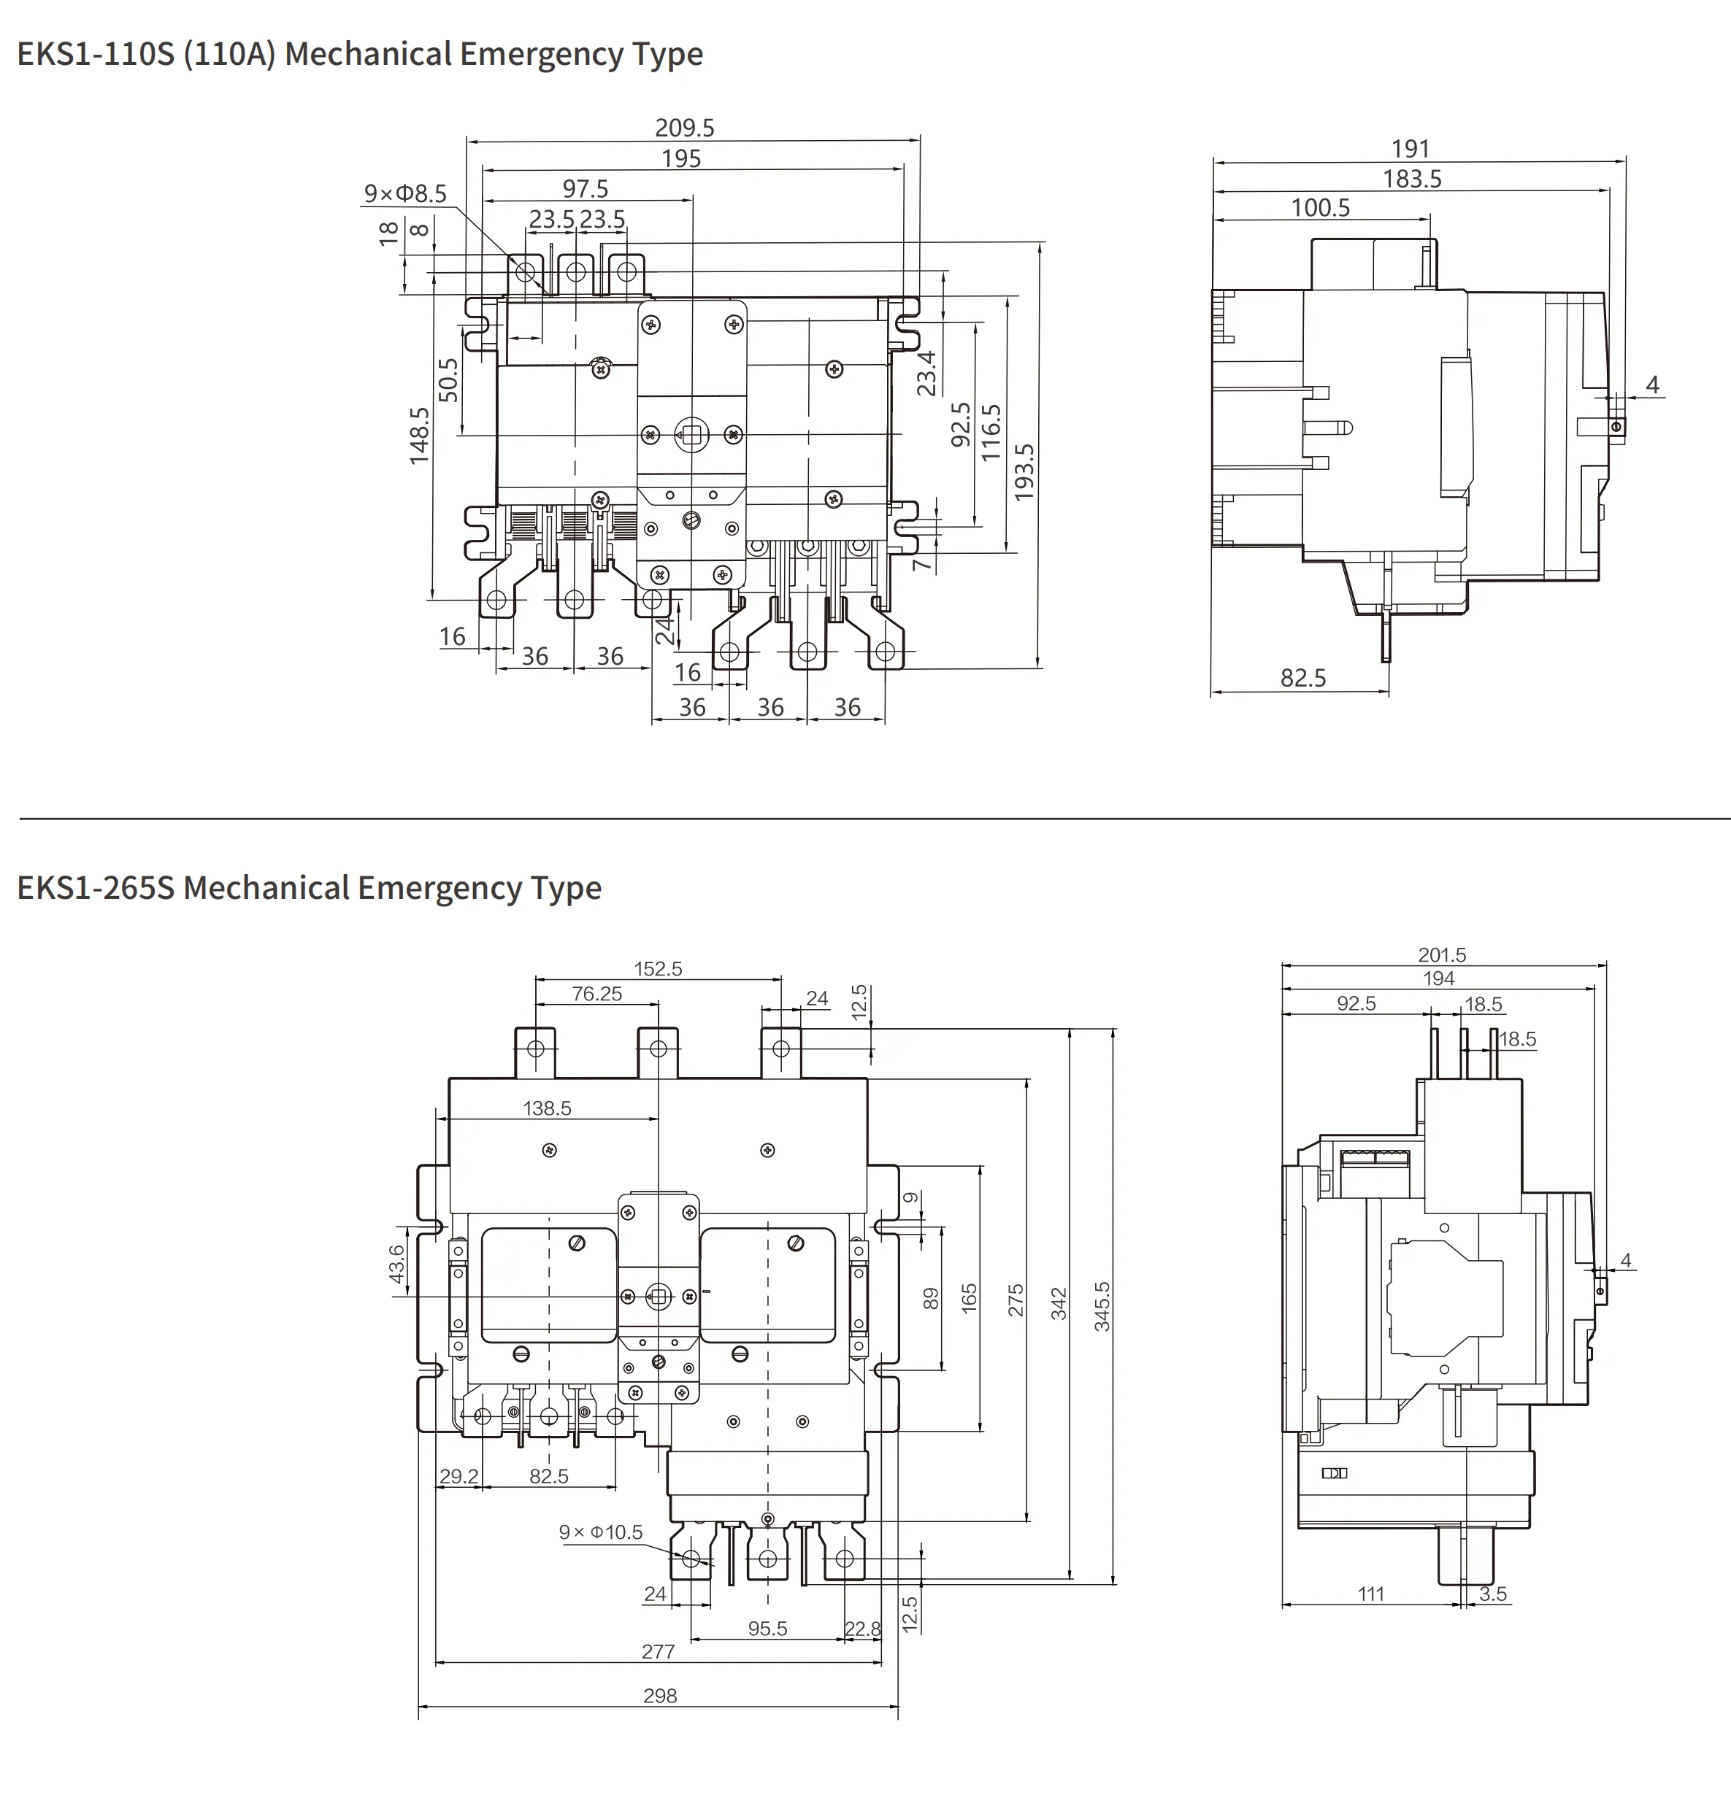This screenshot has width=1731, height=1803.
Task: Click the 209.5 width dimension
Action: pos(684,128)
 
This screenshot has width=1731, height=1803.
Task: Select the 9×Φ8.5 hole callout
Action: pos(405,194)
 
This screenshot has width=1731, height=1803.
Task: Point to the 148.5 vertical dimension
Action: pos(420,435)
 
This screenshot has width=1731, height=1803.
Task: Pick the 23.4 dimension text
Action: pos(926,373)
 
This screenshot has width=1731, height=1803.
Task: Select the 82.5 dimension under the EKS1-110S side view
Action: pos(1303,678)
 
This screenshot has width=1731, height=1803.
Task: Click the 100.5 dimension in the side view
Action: pos(1320,208)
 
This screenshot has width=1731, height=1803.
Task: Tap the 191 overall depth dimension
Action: pos(1410,149)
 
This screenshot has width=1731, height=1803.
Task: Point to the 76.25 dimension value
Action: pos(596,994)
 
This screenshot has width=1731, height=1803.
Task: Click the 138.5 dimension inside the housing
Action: pos(547,1108)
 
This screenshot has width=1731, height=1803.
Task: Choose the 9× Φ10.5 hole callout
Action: pos(600,1532)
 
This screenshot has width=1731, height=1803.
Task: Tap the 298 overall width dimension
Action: pos(660,1695)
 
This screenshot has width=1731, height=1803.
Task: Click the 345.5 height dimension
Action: pos(1102,1306)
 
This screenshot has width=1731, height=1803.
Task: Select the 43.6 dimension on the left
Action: pos(396,1263)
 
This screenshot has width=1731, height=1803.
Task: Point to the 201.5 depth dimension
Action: pos(1441,955)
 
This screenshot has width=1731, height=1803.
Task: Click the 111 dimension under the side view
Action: pos(1370,1594)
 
